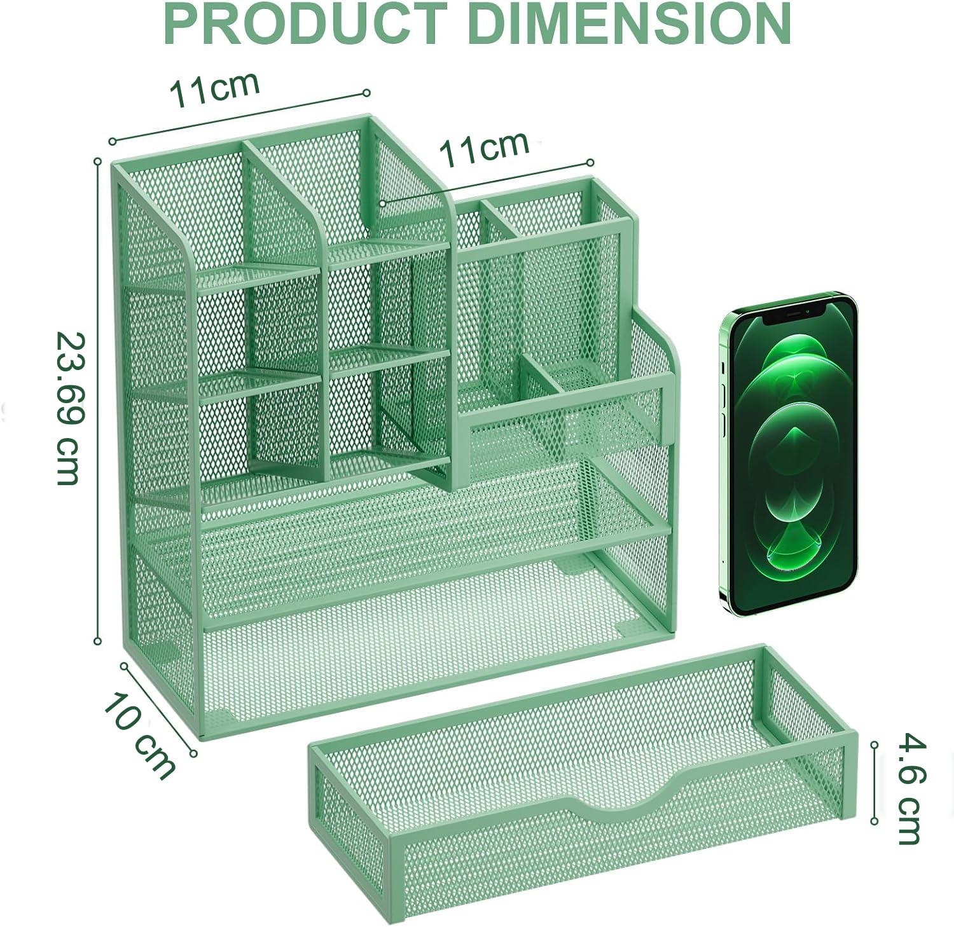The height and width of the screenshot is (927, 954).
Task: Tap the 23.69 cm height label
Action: coord(69,409)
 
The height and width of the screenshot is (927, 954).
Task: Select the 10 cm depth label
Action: coord(139,736)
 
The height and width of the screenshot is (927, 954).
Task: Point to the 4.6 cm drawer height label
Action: coord(911,789)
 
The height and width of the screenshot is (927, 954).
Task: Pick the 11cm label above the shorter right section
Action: coord(484,149)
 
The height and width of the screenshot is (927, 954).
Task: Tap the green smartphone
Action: coord(789,454)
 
